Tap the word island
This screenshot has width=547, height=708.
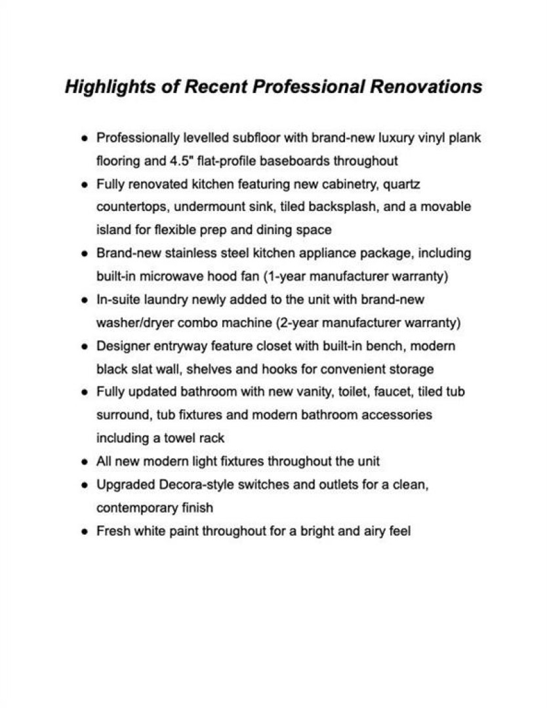pos(111,230)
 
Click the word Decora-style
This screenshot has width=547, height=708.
pos(192,484)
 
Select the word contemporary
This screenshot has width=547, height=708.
pos(136,507)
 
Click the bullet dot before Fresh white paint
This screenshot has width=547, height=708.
pos(84,531)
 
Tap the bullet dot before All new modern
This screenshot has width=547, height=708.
pos(84,462)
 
